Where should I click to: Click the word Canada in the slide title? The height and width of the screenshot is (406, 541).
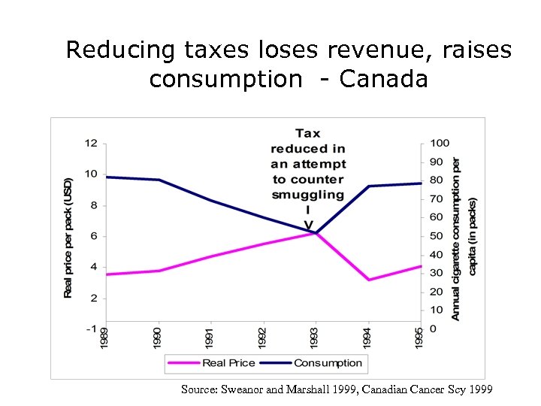(383, 79)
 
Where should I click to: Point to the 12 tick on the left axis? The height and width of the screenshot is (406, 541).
(90, 143)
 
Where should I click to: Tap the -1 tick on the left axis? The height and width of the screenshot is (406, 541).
(90, 329)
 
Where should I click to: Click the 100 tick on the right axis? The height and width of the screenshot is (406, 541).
(440, 143)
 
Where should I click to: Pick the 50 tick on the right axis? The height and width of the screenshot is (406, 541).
(437, 236)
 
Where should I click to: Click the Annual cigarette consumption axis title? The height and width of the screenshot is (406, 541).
(464, 237)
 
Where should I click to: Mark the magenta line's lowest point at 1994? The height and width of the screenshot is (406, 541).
(368, 280)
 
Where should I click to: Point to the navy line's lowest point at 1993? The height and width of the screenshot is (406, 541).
(316, 232)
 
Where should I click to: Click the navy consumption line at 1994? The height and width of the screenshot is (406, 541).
(368, 186)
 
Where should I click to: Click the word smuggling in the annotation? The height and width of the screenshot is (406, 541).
(308, 194)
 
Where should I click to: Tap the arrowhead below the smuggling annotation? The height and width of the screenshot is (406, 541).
(308, 226)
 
